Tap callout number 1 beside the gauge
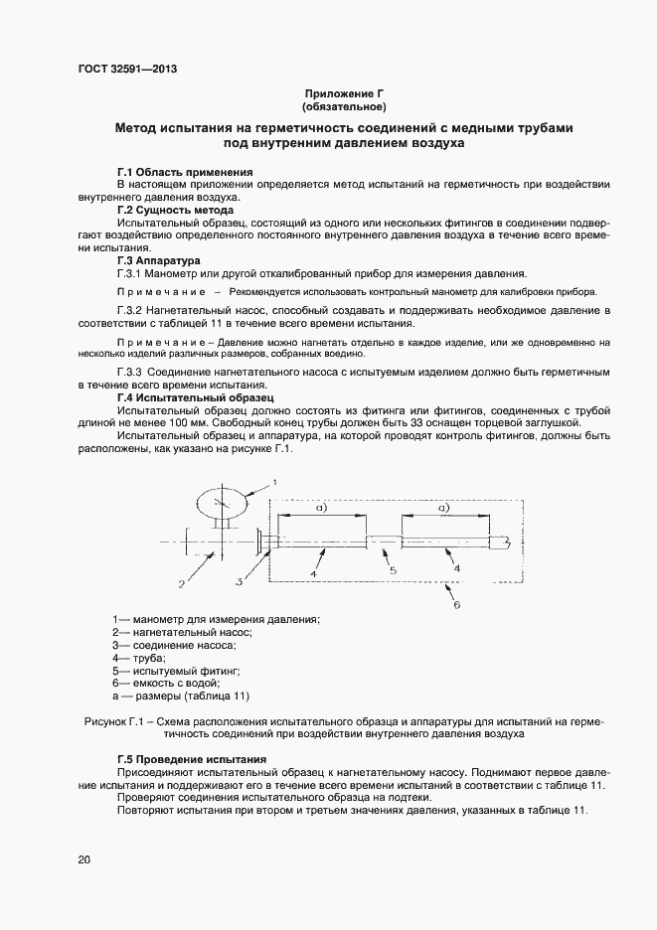pyautogui.click(x=274, y=480)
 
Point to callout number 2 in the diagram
pyautogui.click(x=182, y=582)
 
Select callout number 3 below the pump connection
pyautogui.click(x=240, y=580)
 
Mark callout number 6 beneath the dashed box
pyautogui.click(x=456, y=603)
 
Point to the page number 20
pyautogui.click(x=83, y=859)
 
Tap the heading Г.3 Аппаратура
pyautogui.click(x=160, y=260)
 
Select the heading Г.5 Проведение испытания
pyautogui.click(x=192, y=759)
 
